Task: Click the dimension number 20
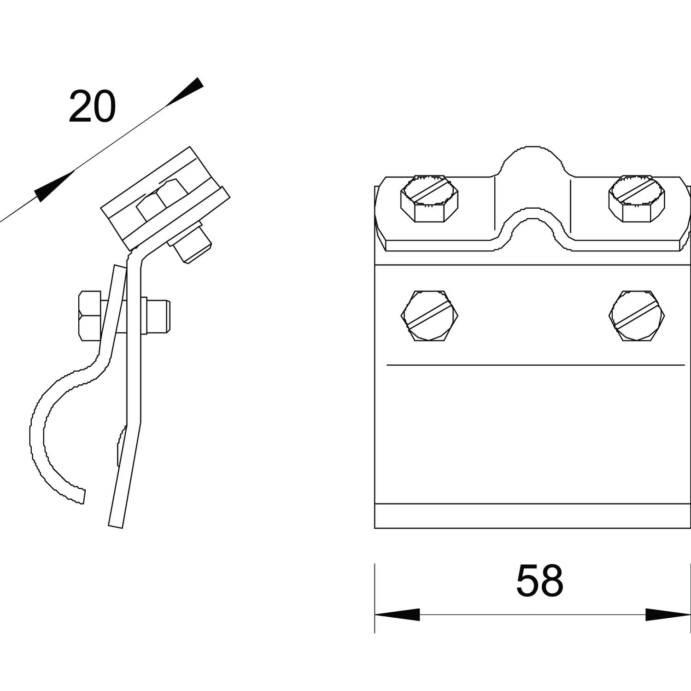tap(92, 107)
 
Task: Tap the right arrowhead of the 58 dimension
tap(668, 615)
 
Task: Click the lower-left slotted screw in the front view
tap(429, 316)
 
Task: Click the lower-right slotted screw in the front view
tap(637, 316)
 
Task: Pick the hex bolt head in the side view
tap(90, 316)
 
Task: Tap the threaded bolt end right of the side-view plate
tap(159, 316)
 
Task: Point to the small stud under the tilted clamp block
tap(193, 243)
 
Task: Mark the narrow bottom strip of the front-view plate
tap(533, 516)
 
